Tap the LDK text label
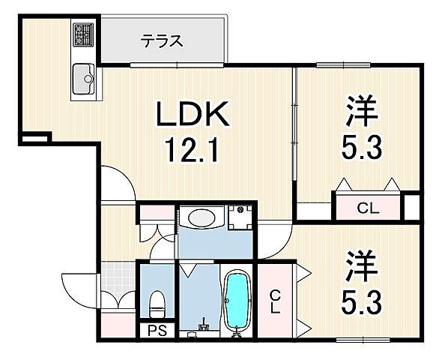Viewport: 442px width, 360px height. click(x=191, y=117)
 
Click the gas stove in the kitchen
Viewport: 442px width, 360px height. click(x=81, y=34)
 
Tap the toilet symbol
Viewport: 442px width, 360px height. click(x=157, y=303)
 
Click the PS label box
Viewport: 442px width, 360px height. click(x=156, y=328)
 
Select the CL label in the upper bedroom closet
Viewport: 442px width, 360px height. click(x=367, y=208)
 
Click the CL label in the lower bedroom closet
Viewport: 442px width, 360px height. click(x=275, y=299)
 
